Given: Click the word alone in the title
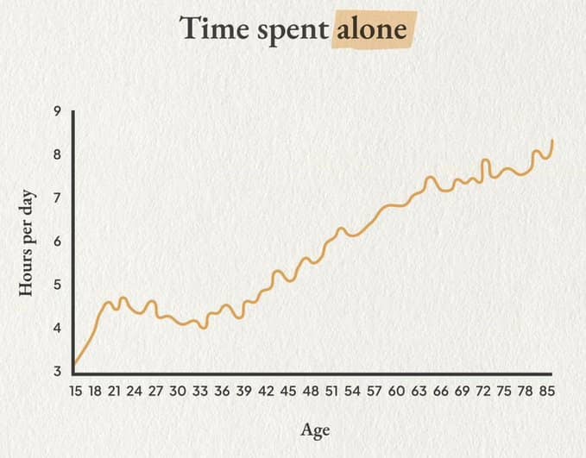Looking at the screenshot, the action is click(x=372, y=29).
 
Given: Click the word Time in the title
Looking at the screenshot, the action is click(x=214, y=28).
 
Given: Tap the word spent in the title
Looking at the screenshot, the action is click(x=293, y=31).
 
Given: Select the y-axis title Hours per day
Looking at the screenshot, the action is click(x=26, y=243).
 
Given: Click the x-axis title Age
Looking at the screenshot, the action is click(x=315, y=430).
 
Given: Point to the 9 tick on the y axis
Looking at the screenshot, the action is click(x=57, y=111).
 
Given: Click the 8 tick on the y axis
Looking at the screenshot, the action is click(x=57, y=154).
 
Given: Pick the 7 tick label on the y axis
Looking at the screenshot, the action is click(x=57, y=198).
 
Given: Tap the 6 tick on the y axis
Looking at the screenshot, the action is click(x=57, y=242).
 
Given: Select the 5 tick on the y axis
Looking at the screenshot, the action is click(x=57, y=285).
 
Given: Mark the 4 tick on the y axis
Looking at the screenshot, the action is click(x=57, y=328).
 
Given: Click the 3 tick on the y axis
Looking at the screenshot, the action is click(x=57, y=372).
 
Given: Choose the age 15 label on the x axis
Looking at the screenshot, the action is click(x=75, y=391).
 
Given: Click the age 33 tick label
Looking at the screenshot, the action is click(x=200, y=391).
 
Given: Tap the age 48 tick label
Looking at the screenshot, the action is click(x=311, y=391).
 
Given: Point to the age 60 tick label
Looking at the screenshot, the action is click(x=396, y=391).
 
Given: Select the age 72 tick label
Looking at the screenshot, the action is click(x=482, y=391).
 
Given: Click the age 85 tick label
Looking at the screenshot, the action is click(x=547, y=391).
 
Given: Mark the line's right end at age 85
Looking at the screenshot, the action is click(x=552, y=140).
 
